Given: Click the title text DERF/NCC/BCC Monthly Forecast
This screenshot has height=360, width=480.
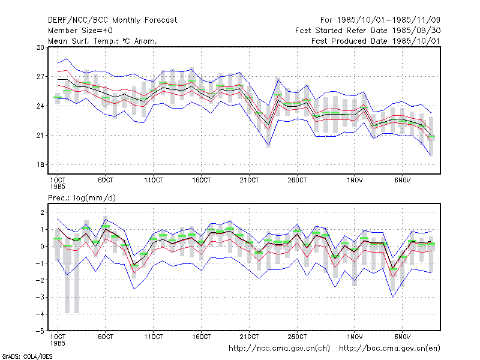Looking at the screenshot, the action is point(112,20).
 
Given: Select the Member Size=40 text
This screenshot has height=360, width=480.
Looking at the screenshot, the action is point(80,31).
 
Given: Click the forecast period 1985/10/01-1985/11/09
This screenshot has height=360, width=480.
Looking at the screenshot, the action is point(380,20).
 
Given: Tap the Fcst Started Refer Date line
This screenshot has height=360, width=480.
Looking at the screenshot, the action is point(368,31).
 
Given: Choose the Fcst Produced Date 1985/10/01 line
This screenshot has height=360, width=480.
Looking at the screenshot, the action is point(376,41).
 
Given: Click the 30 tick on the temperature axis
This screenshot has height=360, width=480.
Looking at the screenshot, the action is point(40,47).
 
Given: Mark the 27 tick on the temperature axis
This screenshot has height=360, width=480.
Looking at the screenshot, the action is point(40,77).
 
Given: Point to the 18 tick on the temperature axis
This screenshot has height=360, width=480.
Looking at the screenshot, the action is point(40,164).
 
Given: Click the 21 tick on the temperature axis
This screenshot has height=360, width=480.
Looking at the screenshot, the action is point(40,136).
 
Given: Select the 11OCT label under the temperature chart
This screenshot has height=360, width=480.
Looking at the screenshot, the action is point(154,181).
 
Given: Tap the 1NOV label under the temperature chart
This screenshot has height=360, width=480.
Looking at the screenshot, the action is point(355,181).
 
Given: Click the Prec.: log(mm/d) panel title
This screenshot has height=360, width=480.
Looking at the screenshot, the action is point(82,198).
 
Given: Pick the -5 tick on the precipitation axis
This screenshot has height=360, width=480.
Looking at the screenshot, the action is point(40,331).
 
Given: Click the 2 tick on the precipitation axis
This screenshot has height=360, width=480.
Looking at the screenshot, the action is point(42,212).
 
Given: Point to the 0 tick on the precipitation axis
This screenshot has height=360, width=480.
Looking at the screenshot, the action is point(42,247).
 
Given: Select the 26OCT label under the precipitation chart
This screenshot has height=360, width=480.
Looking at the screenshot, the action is point(297,337).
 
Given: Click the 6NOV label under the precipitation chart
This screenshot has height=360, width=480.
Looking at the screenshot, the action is point(402,337).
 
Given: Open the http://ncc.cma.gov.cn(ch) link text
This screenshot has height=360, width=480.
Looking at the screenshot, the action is point(279,349).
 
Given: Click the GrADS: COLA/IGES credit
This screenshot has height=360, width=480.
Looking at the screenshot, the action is point(27,356).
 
